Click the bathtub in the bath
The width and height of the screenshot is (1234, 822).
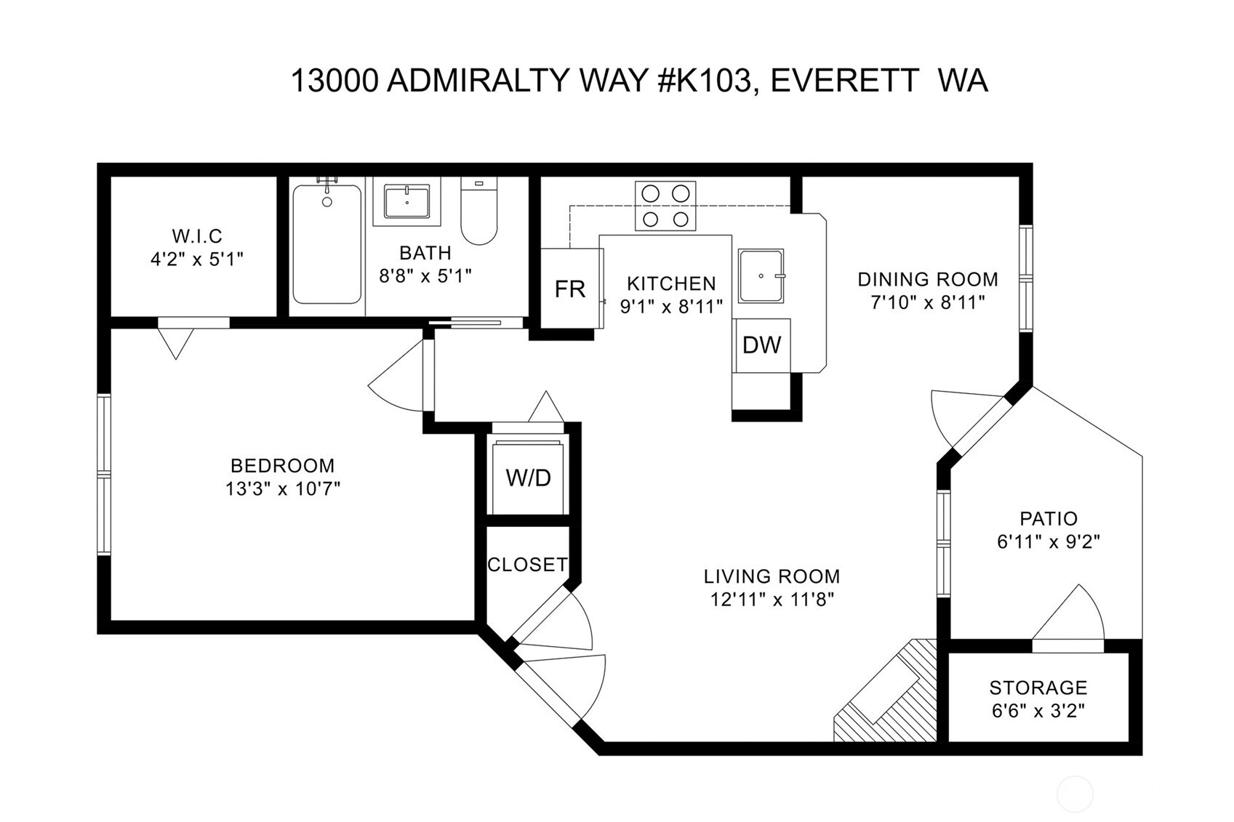coord(326,244)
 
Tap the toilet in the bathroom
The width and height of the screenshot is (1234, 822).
coord(478,214)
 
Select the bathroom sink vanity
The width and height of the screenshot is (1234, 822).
coord(406,201)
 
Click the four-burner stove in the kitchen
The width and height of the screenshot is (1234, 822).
coord(665,206)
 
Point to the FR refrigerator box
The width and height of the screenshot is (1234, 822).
coord(571,289)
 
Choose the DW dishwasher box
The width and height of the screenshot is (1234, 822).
coord(761,345)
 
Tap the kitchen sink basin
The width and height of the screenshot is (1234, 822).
coord(761,276)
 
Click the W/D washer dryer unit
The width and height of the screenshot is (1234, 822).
coord(528,478)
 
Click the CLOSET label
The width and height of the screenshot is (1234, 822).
coord(527,565)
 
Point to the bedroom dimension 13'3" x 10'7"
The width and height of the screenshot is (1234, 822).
coord(282,488)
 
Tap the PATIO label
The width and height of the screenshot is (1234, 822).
coord(1048,519)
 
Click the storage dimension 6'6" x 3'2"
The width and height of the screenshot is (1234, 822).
coord(1038,710)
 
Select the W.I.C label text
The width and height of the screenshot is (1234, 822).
coord(196,236)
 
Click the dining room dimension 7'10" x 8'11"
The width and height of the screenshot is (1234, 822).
coord(927,302)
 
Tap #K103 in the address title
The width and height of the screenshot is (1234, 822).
coord(703,81)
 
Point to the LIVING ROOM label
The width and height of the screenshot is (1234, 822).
coord(772,576)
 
